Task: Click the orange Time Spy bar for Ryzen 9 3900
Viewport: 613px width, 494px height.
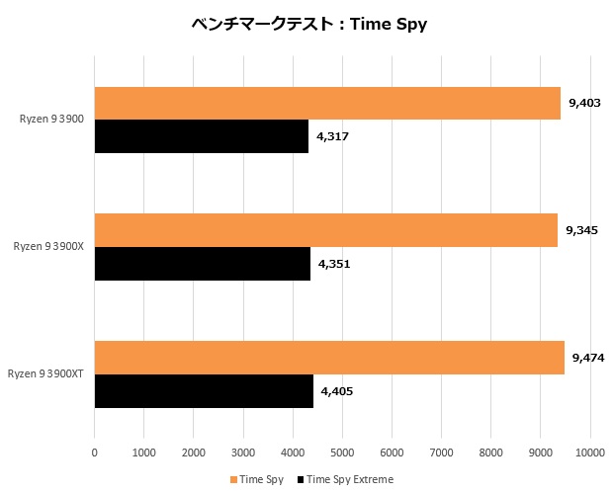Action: [x=327, y=103]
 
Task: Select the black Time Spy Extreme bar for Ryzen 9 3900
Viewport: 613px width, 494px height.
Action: [x=202, y=136]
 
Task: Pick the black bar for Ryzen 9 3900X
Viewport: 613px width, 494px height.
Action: [x=203, y=264]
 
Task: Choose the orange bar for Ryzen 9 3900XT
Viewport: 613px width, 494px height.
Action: [x=329, y=357]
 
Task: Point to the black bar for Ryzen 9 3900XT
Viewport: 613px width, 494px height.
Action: [x=204, y=390]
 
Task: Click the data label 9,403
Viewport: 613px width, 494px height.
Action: [x=584, y=103]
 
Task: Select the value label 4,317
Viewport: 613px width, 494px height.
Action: [x=333, y=136]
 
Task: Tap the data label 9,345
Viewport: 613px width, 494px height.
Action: [x=581, y=229]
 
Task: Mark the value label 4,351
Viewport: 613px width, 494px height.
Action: [x=334, y=264]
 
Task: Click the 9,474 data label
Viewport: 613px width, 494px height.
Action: [x=587, y=357]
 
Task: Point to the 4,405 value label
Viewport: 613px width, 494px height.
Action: [x=337, y=390]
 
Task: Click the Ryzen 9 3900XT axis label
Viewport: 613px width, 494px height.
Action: [x=45, y=373]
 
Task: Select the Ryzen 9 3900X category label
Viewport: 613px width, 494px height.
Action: [x=48, y=246]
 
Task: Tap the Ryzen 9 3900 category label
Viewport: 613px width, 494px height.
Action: [x=51, y=120]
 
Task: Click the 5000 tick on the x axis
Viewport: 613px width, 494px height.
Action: [x=342, y=453]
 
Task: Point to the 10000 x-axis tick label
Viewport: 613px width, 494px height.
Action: [x=590, y=453]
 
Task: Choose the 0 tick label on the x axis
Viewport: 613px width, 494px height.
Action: [x=95, y=453]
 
